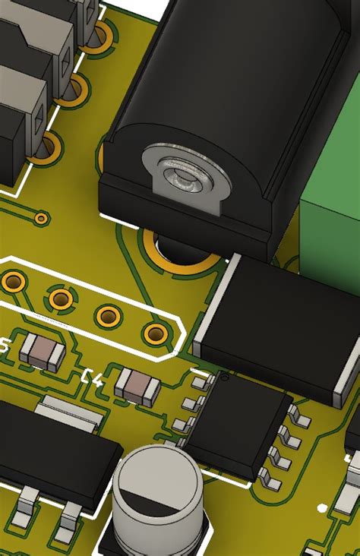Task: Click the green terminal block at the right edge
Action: pyautogui.click(x=334, y=228)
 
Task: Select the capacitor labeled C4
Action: pyautogui.click(x=137, y=385)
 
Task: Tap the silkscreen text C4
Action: pyautogui.click(x=91, y=378)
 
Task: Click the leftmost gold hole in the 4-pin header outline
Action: pyautogui.click(x=13, y=283)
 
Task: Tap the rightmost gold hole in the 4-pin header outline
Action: pyautogui.click(x=156, y=332)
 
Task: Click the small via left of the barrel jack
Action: pyautogui.click(x=40, y=219)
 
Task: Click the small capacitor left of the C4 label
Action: pyautogui.click(x=43, y=352)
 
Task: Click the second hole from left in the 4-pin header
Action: pyautogui.click(x=61, y=299)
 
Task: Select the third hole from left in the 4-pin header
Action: pyautogui.click(x=108, y=314)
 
